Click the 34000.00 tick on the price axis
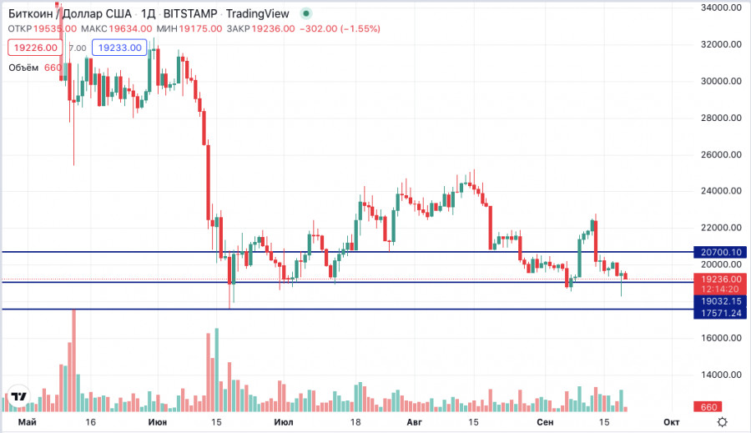[722, 8]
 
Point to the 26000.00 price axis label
[722, 154]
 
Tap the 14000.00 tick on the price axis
[722, 375]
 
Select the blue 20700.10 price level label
[722, 251]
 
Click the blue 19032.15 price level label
[722, 300]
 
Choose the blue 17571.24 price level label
[722, 313]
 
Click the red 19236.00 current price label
[722, 279]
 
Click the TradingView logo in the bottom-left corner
[18, 397]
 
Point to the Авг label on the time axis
[413, 423]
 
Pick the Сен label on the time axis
[545, 423]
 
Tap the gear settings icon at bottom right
[723, 422]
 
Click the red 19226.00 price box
[34, 48]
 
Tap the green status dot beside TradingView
[307, 13]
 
